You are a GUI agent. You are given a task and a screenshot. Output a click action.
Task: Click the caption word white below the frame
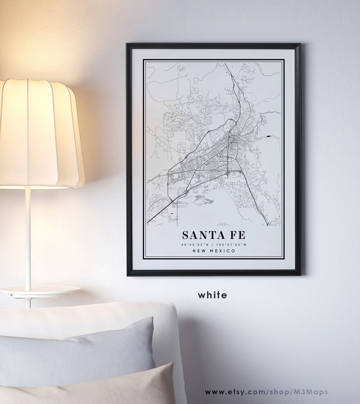(x=213, y=295)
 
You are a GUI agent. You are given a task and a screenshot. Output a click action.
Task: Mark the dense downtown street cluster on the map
(x=234, y=139)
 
